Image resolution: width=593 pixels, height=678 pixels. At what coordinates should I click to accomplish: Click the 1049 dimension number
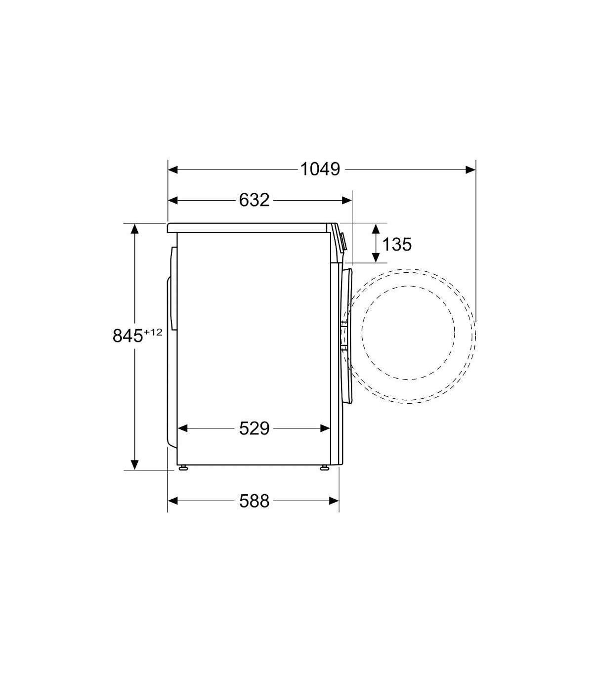tap(320, 169)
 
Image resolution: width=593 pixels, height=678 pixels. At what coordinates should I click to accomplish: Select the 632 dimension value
tap(254, 200)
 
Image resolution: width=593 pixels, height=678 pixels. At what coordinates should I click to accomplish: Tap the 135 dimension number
tap(397, 244)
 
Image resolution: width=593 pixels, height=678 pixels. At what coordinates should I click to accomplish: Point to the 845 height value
tap(127, 336)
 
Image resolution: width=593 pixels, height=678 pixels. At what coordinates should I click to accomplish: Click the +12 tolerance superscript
tap(153, 332)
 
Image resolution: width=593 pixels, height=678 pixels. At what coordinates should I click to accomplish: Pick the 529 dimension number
tap(254, 428)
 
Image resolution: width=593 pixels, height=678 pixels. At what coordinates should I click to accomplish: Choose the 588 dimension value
tap(254, 501)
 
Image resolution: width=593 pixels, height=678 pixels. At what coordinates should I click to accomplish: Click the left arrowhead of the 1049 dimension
tap(173, 169)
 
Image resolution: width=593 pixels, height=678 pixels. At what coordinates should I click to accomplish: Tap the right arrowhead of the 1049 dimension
tap(470, 169)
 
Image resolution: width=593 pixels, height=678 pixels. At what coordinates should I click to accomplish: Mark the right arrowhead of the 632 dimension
tap(346, 200)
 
